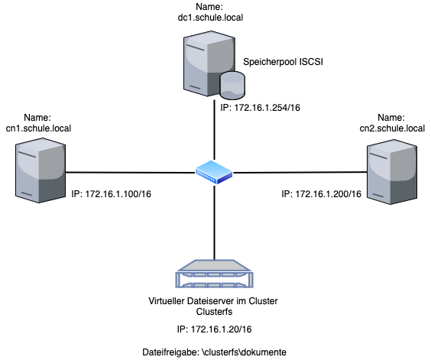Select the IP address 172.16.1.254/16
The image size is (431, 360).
click(258, 109)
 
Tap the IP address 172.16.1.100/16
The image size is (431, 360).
click(112, 194)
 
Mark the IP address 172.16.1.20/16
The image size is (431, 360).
click(215, 329)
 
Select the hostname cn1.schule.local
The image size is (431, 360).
click(37, 128)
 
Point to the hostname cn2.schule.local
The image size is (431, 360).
click(392, 128)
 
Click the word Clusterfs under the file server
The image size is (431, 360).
click(215, 311)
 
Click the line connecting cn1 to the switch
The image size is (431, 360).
click(130, 172)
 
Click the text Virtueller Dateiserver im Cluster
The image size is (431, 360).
click(215, 300)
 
